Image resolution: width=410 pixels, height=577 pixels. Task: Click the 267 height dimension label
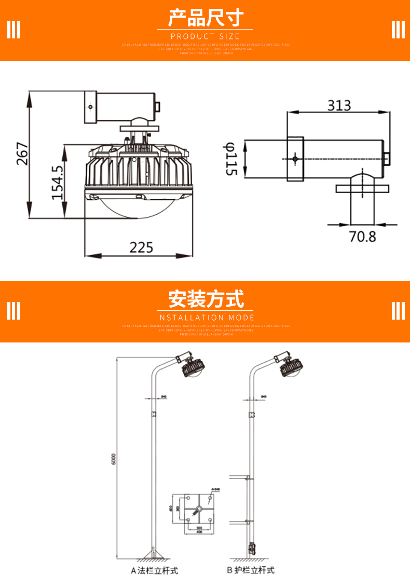[22, 154]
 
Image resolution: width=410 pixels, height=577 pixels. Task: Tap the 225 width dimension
[141, 248]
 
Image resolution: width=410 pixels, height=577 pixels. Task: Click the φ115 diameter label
[230, 159]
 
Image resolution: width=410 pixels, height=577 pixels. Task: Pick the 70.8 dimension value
[362, 237]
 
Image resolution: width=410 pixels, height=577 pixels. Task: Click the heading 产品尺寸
[206, 18]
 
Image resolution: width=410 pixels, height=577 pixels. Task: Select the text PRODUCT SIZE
[206, 36]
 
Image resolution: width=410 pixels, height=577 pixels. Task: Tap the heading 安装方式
[206, 299]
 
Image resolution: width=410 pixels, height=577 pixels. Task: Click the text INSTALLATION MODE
[206, 318]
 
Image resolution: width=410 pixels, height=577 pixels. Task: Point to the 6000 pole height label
[113, 459]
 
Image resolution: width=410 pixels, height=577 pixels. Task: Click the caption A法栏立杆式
[154, 570]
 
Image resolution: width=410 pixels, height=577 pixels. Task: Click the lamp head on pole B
[290, 367]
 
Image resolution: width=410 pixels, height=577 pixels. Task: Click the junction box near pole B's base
[251, 548]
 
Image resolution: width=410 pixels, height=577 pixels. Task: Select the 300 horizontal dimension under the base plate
[199, 527]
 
